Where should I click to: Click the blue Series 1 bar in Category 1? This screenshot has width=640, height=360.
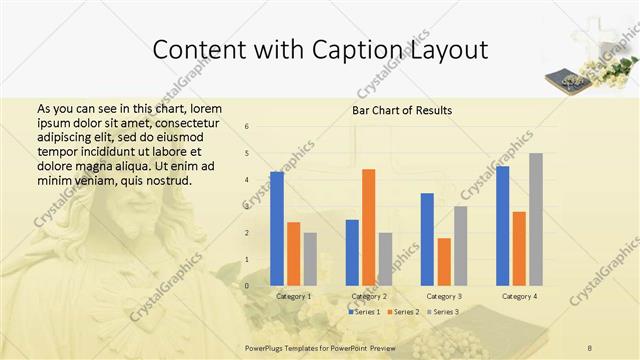pos(277,229)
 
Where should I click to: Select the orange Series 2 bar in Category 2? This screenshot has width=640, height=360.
pos(368,227)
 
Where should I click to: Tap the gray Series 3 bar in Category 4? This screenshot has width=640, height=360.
pos(535,219)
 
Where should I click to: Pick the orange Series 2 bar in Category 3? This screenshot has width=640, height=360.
pos(444,262)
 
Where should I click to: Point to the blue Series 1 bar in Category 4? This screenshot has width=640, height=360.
pos(502,226)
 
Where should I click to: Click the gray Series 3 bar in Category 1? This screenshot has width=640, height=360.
pos(310,259)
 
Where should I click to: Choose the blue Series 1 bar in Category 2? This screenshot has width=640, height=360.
pos(352,252)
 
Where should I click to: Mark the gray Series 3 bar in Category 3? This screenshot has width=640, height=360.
pos(460,246)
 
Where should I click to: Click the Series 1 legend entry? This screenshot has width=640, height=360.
pos(364,312)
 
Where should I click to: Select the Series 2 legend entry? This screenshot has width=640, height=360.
pos(403,312)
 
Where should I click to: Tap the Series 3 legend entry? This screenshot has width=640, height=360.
pos(443,312)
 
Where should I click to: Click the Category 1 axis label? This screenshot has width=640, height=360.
pos(293,296)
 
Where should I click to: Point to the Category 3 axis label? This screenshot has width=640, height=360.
pos(444,296)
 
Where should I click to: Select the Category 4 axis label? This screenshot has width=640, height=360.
pos(519,296)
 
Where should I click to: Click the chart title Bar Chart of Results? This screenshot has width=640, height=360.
pos(401,110)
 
